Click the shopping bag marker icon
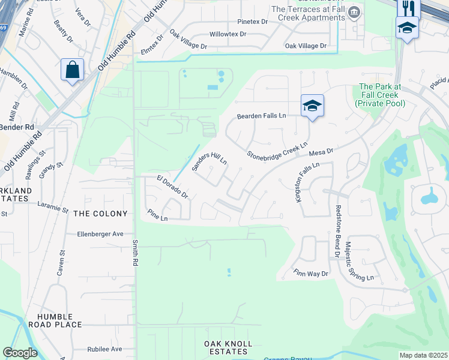(72, 70)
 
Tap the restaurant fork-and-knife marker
(406, 8)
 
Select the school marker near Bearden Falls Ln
(312, 106)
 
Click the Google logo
(20, 353)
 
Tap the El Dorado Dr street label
(173, 187)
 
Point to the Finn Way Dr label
(311, 274)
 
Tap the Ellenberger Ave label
(100, 234)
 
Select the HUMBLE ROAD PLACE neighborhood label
(59, 320)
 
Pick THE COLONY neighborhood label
(100, 214)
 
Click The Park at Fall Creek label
(379, 95)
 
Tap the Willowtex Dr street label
(228, 34)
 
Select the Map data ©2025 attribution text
(423, 355)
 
